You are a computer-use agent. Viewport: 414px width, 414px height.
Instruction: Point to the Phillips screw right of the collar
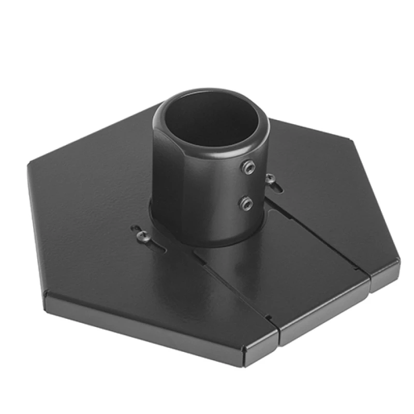pyautogui.click(x=270, y=179)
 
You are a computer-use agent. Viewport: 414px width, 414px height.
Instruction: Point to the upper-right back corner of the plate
pyautogui.click(x=352, y=139)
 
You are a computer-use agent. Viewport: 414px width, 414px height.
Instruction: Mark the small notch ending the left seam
pyautogui.click(x=269, y=317)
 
